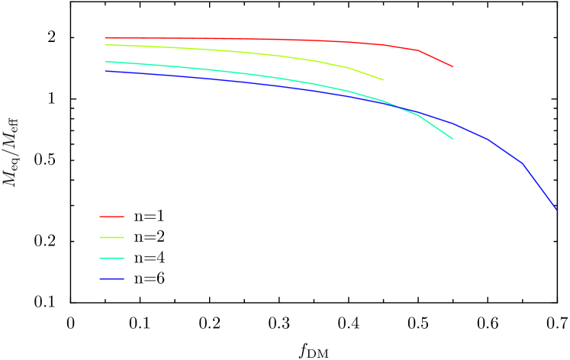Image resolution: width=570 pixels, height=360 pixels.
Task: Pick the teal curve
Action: point(229,72)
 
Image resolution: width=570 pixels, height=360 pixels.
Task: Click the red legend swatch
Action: point(111,217)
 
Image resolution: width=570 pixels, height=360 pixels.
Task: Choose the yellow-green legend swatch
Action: point(111,237)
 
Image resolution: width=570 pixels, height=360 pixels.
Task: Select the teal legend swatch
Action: point(111,258)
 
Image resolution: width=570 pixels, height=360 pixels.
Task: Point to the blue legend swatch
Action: point(111,278)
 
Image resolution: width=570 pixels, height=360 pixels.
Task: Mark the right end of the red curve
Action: point(452,66)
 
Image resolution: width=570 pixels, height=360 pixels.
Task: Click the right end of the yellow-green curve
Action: point(383,79)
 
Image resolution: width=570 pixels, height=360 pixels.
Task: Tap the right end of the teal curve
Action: point(453,139)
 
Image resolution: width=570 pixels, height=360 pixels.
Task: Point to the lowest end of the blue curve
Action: point(556,209)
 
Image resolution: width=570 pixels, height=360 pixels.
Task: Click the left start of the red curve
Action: point(105,37)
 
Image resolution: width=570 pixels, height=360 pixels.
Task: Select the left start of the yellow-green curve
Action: point(105,44)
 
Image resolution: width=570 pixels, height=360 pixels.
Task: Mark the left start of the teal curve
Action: point(105,62)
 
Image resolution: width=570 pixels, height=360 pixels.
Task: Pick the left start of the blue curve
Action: point(105,71)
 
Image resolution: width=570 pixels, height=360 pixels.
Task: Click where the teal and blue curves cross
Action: point(398,106)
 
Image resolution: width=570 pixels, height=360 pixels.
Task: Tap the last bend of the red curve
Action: point(417,50)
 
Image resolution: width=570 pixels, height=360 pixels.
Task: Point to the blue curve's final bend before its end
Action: point(523,163)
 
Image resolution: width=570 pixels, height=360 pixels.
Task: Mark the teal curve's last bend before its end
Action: point(417,114)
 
